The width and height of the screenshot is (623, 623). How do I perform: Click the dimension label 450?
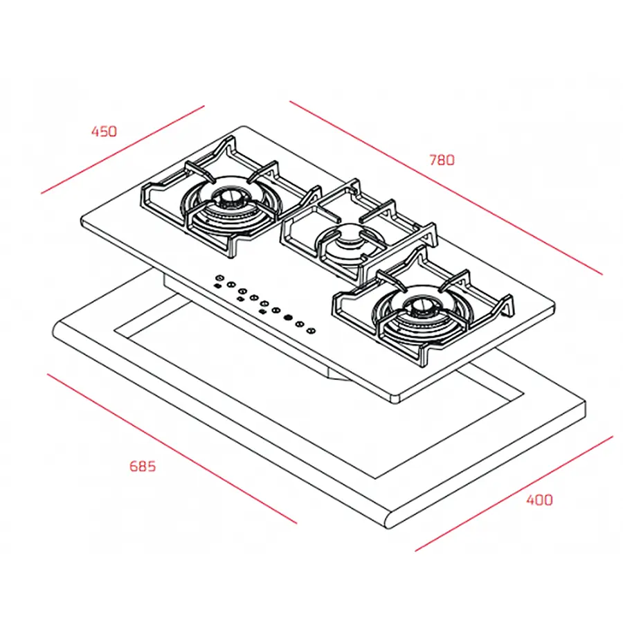click(x=105, y=131)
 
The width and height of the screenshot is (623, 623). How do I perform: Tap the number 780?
click(x=442, y=160)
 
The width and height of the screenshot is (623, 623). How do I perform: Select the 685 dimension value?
click(x=143, y=466)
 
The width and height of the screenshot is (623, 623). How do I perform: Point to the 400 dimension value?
click(x=539, y=499)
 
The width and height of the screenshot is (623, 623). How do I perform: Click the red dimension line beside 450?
click(x=123, y=149)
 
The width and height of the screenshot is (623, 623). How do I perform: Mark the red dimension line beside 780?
click(x=445, y=188)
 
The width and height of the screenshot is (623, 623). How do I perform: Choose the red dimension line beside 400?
click(x=514, y=494)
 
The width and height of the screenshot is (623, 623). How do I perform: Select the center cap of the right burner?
click(x=420, y=307)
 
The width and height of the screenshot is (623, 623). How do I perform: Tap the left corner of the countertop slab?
click(x=54, y=329)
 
